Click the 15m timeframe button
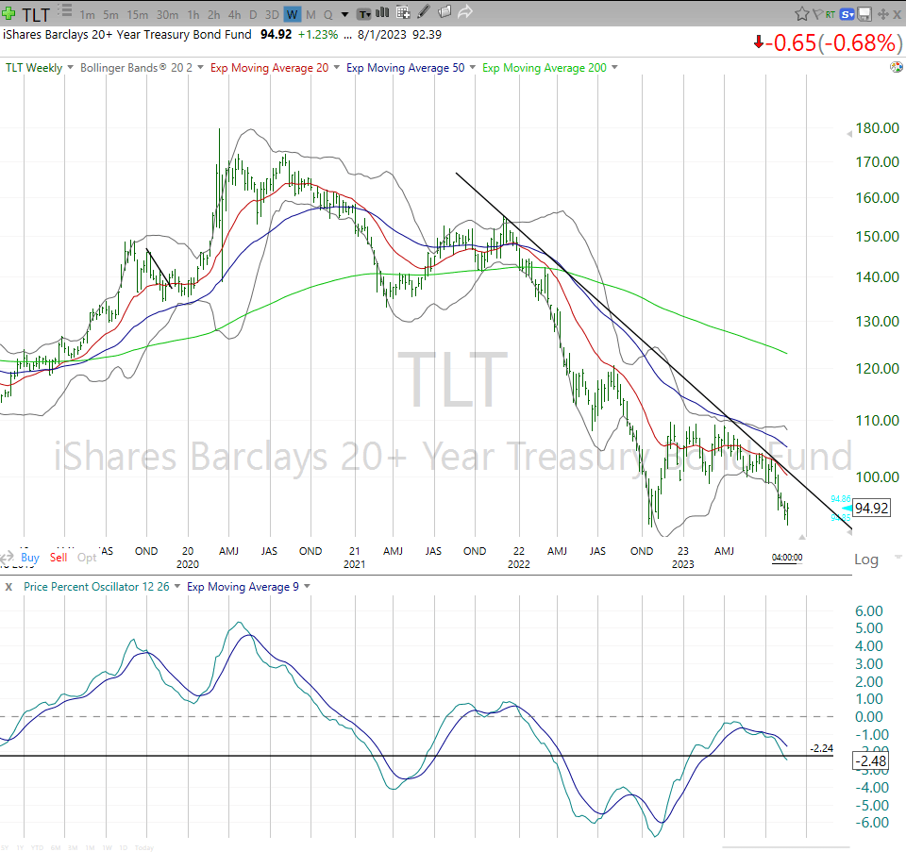137,14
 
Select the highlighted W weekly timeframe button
292,14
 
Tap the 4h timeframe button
234,14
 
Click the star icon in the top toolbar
801,14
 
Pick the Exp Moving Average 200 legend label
545,68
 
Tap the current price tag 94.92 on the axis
871,508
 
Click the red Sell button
59,558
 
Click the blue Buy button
30,558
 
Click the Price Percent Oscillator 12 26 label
97,587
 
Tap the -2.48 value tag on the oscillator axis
870,760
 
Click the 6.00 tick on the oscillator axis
869,610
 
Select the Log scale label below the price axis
864,560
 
